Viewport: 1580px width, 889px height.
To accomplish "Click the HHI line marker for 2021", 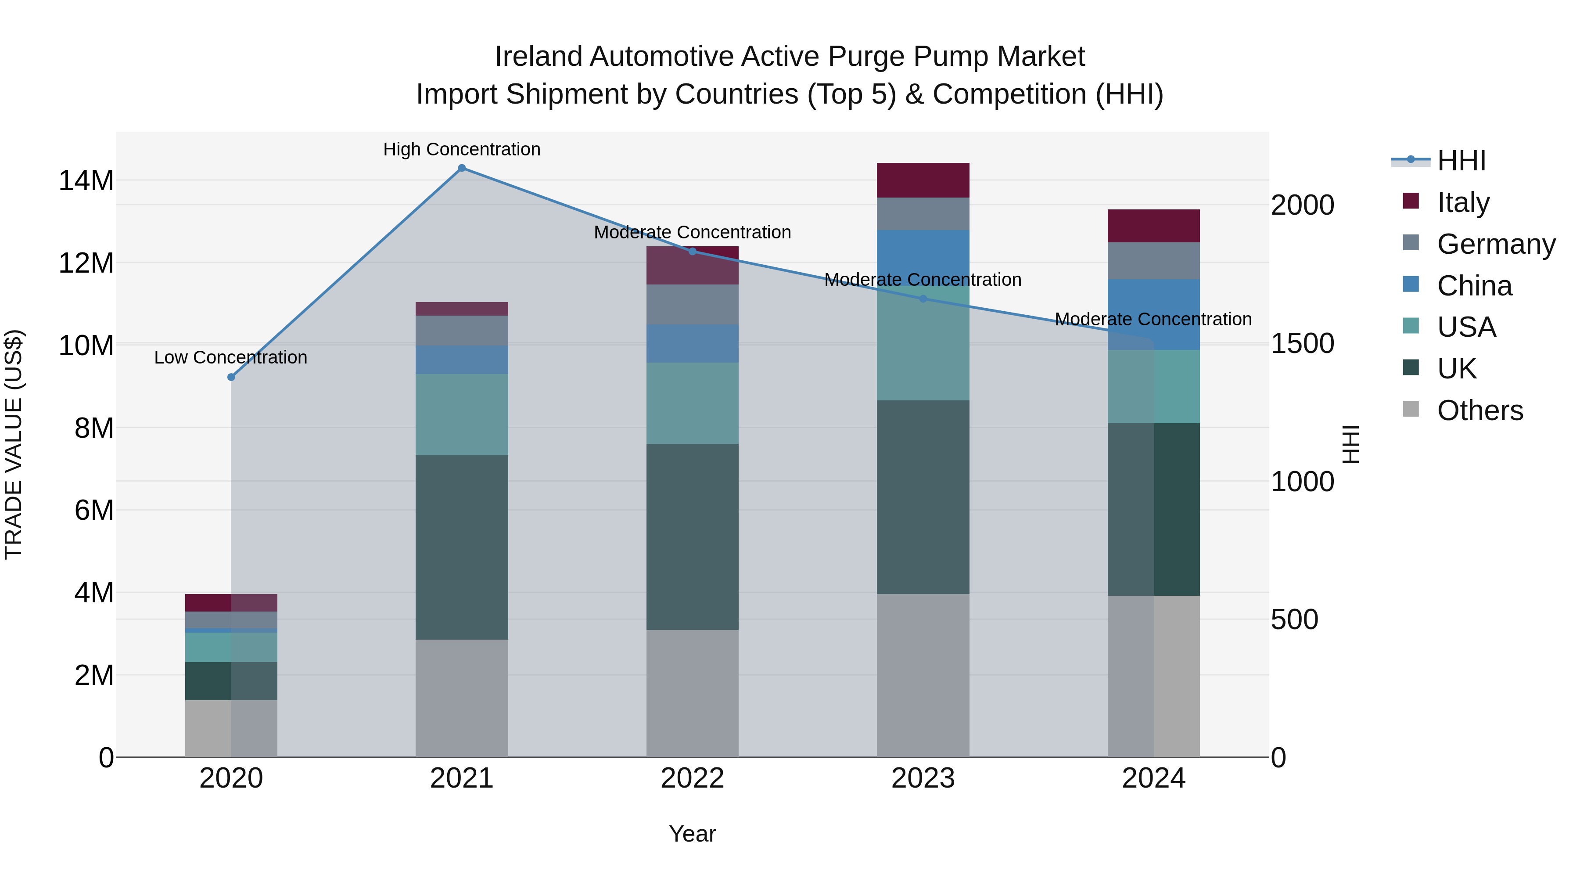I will (x=462, y=168).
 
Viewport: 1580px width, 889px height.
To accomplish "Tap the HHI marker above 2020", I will (x=231, y=377).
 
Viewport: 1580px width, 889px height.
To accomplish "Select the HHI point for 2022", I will (x=693, y=252).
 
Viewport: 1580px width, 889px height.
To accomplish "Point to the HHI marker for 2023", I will (x=923, y=299).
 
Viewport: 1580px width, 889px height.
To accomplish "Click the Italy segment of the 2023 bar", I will (x=923, y=180).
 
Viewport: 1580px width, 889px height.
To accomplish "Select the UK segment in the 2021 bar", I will (x=462, y=547).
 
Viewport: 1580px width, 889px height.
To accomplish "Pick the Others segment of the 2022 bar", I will (x=693, y=693).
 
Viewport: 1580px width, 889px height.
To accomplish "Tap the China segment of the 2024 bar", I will (x=1154, y=315).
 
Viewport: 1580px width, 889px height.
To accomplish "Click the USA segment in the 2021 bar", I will (x=462, y=415).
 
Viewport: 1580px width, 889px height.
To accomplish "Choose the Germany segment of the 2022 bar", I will (x=693, y=304).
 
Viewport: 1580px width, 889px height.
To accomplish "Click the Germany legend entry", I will (x=1495, y=244).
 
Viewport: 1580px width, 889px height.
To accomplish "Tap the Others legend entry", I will (x=1479, y=410).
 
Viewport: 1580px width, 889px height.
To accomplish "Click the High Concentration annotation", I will (x=462, y=149).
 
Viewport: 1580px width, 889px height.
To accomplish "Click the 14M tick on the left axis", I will (x=86, y=181).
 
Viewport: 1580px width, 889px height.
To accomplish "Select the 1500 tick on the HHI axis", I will (x=1302, y=344).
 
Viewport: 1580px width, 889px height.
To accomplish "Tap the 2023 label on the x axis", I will (x=923, y=778).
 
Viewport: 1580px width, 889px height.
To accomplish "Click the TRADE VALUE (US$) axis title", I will (x=14, y=444).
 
